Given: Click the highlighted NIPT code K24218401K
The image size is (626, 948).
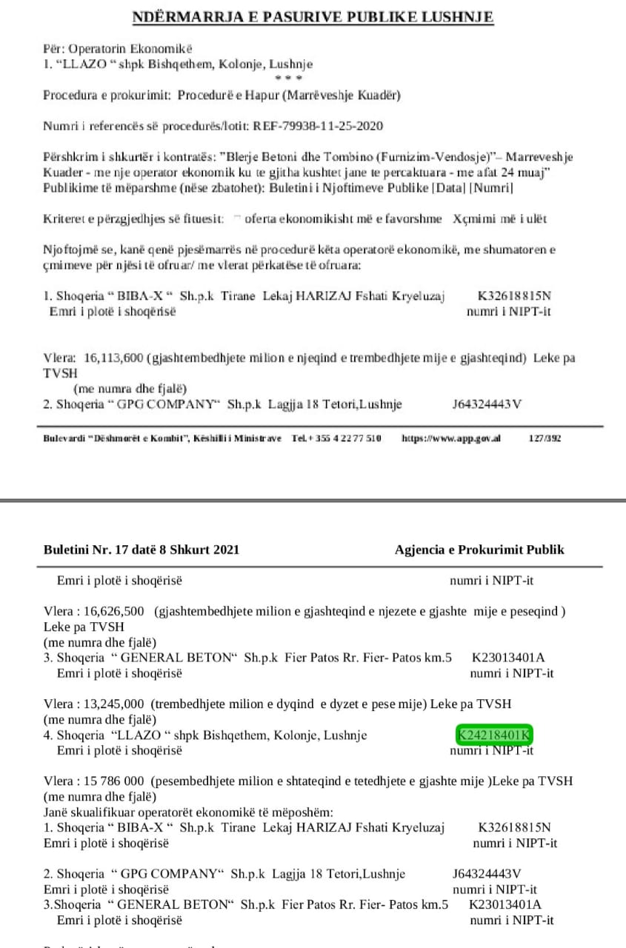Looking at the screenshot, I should [x=494, y=735].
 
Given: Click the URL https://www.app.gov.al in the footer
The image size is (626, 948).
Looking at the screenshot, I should [x=450, y=438].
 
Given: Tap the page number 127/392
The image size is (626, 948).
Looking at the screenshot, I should [x=545, y=438].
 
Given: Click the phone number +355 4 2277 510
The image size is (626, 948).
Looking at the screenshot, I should [x=344, y=438].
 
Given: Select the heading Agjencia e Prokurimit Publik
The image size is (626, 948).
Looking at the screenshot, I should [x=479, y=550].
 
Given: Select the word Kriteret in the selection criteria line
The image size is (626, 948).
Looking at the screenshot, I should [x=64, y=218].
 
